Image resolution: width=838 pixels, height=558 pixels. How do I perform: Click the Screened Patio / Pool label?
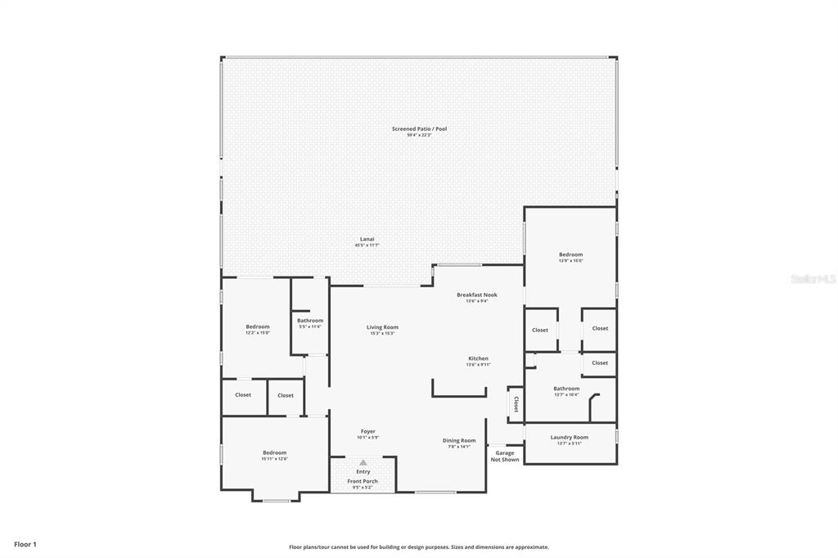(419, 129)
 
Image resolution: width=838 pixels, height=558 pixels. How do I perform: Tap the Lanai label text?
(367, 239)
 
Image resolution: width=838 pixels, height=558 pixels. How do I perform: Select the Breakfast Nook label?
(476, 295)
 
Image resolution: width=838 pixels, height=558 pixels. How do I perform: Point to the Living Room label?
(382, 327)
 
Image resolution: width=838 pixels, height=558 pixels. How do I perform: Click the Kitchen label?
(478, 358)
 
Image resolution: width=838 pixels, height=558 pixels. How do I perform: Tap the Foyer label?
(367, 431)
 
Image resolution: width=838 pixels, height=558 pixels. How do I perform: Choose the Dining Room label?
(459, 440)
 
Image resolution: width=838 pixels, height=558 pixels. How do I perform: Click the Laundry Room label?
(569, 437)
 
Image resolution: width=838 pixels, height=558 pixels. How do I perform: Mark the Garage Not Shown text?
(505, 456)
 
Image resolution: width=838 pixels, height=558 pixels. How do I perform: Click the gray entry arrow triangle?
(363, 462)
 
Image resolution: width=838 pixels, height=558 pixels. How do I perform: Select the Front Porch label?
(363, 481)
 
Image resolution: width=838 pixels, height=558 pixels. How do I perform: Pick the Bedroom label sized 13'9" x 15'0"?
(570, 254)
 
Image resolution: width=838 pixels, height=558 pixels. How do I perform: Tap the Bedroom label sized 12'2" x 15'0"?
(257, 326)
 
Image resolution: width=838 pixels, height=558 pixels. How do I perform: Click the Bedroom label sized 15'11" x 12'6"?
(274, 452)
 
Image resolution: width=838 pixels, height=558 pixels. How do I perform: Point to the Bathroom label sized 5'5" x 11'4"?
(310, 321)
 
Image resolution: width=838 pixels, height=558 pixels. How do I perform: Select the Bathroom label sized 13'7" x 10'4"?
(565, 389)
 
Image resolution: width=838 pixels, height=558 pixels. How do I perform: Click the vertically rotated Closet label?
(516, 403)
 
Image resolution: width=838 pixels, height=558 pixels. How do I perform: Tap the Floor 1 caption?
(25, 544)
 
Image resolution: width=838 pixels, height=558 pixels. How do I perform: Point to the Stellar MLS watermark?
(813, 279)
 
